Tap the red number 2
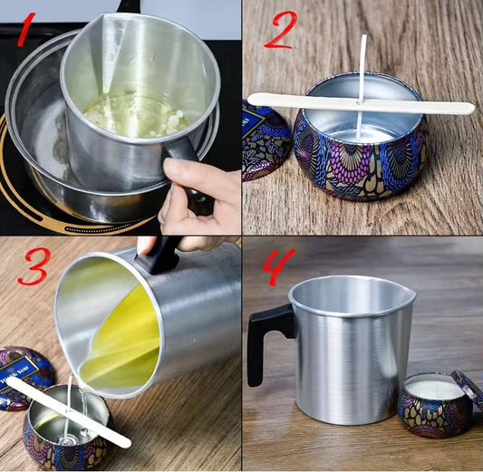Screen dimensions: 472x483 279,33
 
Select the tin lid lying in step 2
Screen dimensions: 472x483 263,145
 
